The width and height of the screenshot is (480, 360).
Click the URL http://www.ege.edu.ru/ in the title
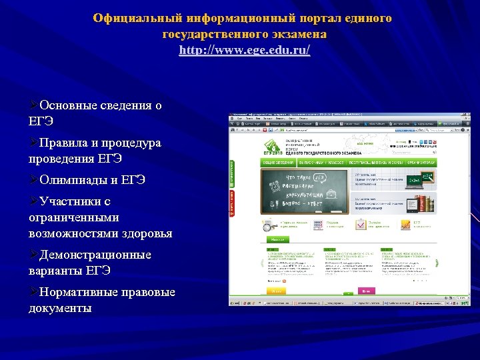(x=245, y=50)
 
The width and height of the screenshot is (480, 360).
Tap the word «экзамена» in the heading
(x=298, y=33)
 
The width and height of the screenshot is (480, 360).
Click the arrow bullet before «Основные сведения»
(x=34, y=105)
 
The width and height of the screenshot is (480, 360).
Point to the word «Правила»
(x=65, y=143)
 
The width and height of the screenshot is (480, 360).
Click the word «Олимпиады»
(x=74, y=180)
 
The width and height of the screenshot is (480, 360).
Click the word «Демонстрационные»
(x=95, y=255)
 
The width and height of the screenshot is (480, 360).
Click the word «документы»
(x=60, y=308)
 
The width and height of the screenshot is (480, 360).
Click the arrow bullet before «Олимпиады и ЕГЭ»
(x=34, y=180)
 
